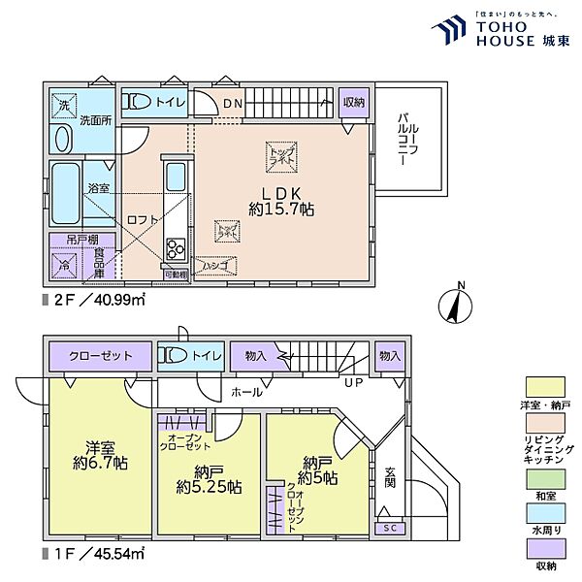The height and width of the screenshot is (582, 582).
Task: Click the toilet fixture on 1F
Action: pyautogui.click(x=171, y=356)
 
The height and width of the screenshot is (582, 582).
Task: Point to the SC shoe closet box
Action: pyautogui.click(x=389, y=527)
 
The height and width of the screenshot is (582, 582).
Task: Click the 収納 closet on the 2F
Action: pyautogui.click(x=353, y=102)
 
